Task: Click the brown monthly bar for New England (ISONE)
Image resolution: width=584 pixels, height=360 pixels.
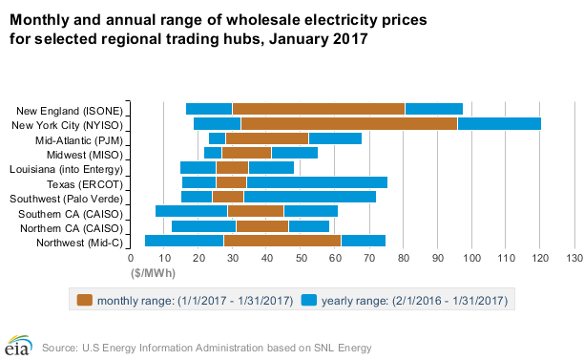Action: pyautogui.click(x=319, y=109)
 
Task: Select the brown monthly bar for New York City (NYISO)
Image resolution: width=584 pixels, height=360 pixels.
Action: pyautogui.click(x=349, y=123)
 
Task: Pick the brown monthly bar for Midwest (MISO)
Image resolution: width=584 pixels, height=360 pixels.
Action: pyautogui.click(x=247, y=153)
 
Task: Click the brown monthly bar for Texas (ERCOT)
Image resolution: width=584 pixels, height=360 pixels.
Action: pyautogui.click(x=231, y=181)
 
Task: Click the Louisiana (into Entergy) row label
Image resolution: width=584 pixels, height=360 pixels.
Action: pyautogui.click(x=71, y=168)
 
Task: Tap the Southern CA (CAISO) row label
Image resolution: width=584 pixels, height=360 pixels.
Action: pyautogui.click(x=74, y=212)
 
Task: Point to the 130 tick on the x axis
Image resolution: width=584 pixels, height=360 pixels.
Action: pyautogui.click(x=574, y=259)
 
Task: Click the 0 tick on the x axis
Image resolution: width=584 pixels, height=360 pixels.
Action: pyautogui.click(x=131, y=259)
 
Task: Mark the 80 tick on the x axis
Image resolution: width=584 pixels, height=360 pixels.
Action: pyautogui.click(x=404, y=259)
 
